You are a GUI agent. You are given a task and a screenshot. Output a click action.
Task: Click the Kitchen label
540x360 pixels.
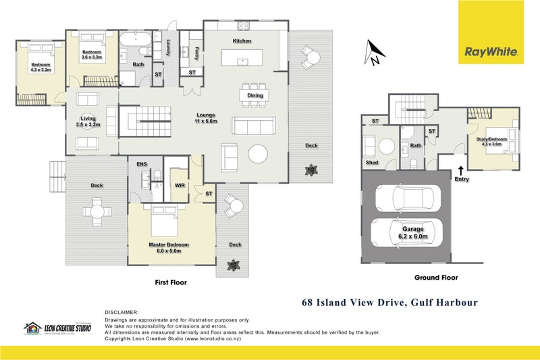tap(242, 41)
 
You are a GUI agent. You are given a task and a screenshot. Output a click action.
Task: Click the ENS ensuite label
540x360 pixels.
tap(142, 164)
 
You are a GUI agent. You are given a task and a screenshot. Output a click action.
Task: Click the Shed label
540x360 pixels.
tap(372, 163)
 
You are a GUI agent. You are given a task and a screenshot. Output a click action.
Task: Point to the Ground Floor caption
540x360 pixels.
tap(435, 278)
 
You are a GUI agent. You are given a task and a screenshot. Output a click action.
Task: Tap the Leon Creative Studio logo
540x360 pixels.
tap(57, 328)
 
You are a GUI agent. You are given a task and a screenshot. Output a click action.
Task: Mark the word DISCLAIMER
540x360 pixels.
tap(122, 313)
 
